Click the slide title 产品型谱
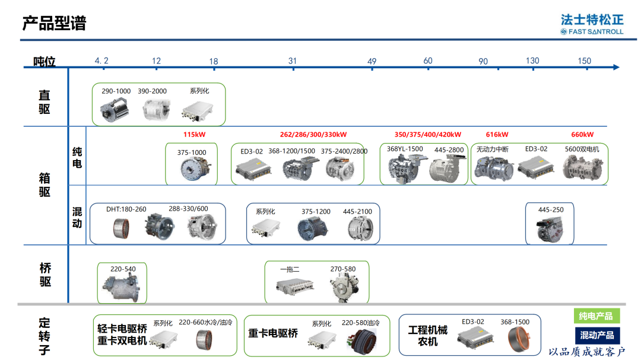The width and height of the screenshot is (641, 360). [54, 23]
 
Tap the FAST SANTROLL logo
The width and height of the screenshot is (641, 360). [592, 24]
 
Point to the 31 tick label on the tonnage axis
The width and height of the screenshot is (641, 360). [292, 61]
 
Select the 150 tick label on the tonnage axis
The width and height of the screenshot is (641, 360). [584, 61]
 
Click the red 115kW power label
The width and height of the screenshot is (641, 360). [194, 135]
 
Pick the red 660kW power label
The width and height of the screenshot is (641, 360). [582, 135]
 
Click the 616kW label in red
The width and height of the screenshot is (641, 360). [497, 135]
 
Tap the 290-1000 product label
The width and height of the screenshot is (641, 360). [116, 91]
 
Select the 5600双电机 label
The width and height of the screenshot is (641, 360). [582, 149]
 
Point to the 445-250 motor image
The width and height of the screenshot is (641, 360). [550, 230]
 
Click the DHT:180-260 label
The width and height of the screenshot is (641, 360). [126, 209]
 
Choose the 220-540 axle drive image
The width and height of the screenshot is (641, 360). [122, 287]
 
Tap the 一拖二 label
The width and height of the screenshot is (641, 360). [290, 269]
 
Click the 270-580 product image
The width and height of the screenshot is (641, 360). [344, 287]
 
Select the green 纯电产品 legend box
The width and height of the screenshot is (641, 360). [596, 316]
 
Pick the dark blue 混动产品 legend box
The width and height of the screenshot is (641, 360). [597, 336]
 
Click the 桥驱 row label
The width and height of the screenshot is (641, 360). [45, 275]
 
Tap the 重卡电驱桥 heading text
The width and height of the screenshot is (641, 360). [272, 333]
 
